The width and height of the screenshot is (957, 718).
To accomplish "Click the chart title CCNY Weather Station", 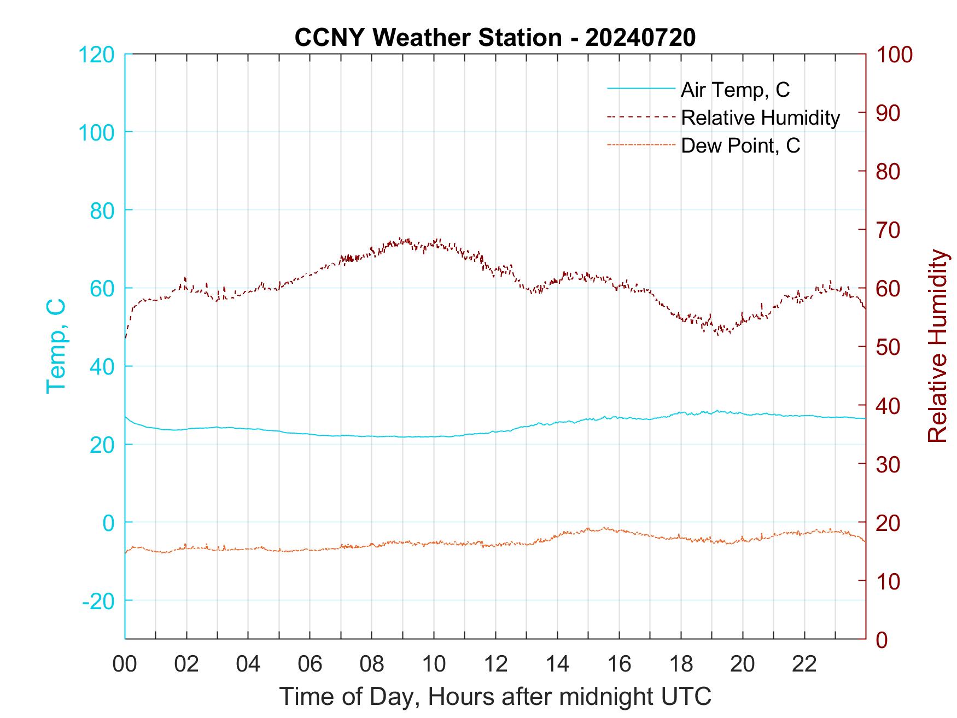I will pos(494,38).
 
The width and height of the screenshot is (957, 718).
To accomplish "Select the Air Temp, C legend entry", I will pos(735,90).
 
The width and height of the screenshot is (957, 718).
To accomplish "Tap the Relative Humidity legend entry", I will pos(760,118).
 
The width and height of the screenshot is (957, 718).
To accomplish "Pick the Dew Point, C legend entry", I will pos(740,146).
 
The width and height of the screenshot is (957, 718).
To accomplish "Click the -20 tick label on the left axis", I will pos(98,601).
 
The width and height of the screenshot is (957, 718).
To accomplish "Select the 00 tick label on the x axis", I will pos(125,664).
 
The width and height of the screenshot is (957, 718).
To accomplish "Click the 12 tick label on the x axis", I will pos(495,664).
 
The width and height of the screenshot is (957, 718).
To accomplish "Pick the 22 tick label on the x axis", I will pos(804,664).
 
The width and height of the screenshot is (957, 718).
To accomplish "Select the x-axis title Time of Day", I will pos(495,697).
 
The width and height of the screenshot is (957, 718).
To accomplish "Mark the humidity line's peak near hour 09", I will pos(401,238).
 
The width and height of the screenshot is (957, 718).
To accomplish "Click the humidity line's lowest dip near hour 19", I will pos(717,334).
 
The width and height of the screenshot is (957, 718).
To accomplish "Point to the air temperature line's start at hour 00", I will pos(125,417).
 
